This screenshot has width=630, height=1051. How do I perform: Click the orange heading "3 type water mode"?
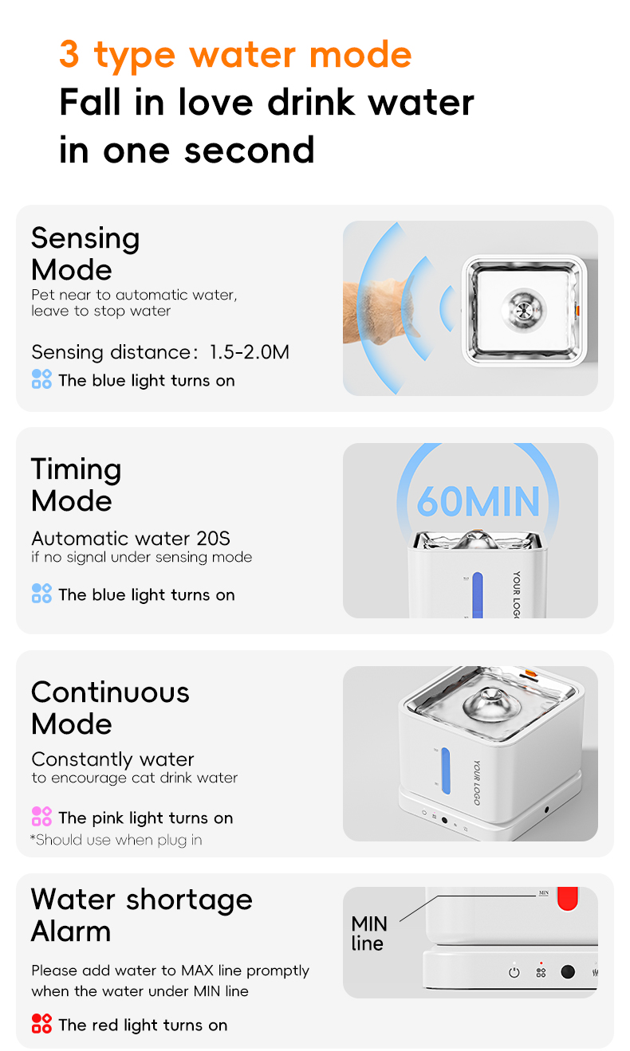[x=235, y=55]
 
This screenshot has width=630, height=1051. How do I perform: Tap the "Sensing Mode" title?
[x=85, y=253]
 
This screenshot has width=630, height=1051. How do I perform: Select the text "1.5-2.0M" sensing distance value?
[x=249, y=352]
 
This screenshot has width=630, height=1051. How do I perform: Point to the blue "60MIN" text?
[x=478, y=501]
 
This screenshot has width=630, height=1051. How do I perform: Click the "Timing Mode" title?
[x=76, y=484]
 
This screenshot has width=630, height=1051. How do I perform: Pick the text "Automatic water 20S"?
[x=131, y=539]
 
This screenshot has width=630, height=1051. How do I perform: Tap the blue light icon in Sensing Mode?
[x=41, y=379]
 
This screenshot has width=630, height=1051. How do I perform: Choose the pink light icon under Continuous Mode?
[x=41, y=817]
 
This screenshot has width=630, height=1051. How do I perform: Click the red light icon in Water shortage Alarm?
[x=41, y=1024]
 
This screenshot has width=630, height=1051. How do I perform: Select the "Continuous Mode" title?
[x=110, y=708]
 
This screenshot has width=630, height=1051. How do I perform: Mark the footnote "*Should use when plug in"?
[x=116, y=840]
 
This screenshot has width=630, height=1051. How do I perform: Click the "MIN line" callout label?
[x=368, y=933]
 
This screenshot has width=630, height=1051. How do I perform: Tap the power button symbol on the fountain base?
[x=514, y=972]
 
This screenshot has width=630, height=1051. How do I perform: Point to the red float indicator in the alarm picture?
[x=567, y=898]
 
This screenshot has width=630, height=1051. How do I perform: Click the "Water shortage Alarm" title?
[x=141, y=915]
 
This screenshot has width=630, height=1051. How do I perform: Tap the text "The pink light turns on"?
[x=145, y=818]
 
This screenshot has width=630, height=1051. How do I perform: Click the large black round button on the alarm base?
[x=568, y=972]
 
